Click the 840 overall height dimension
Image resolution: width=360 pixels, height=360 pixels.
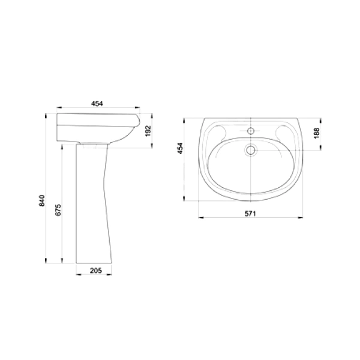(x=42, y=200)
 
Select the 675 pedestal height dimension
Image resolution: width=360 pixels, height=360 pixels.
(x=58, y=210)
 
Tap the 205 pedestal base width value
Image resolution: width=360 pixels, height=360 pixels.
(x=96, y=271)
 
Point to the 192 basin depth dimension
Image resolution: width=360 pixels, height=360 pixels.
(x=149, y=131)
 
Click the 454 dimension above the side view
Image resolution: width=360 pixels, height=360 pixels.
(x=97, y=104)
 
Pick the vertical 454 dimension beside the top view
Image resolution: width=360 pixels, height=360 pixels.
(x=181, y=148)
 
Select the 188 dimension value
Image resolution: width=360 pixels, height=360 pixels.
(x=317, y=133)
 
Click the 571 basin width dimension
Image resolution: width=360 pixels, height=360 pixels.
(x=250, y=214)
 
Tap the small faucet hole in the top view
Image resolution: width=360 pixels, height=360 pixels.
(x=251, y=131)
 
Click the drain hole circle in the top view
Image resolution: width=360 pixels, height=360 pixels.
(x=251, y=150)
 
